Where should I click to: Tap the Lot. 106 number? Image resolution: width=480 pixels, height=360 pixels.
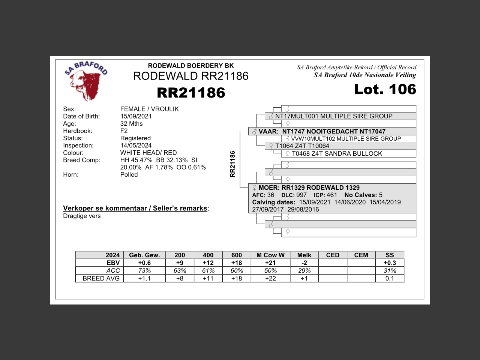pyautogui.click(x=385, y=89)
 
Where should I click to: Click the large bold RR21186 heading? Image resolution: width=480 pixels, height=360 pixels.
pyautogui.click(x=191, y=93)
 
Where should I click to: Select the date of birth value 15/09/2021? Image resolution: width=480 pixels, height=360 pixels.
pyautogui.click(x=136, y=116)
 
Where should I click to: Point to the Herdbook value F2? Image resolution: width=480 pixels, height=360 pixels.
pyautogui.click(x=124, y=131)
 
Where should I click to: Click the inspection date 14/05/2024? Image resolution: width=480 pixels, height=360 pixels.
pyautogui.click(x=136, y=145)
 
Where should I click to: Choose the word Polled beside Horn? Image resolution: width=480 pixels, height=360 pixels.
pyautogui.click(x=129, y=175)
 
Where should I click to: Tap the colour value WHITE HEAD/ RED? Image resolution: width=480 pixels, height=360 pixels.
pyautogui.click(x=148, y=153)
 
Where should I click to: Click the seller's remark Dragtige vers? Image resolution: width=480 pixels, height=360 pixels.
pyautogui.click(x=82, y=216)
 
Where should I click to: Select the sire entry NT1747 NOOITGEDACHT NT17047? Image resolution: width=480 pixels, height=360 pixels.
pyautogui.click(x=333, y=132)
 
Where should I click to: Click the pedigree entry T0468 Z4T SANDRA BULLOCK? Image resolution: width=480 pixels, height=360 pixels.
pyautogui.click(x=337, y=154)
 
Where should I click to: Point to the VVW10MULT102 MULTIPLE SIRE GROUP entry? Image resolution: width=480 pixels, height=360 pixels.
pyautogui.click(x=346, y=139)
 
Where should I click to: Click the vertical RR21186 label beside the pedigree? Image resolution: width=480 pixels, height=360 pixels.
pyautogui.click(x=232, y=164)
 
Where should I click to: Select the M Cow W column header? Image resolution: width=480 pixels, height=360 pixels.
pyautogui.click(x=270, y=255)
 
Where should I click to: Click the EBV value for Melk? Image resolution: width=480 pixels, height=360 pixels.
pyautogui.click(x=304, y=263)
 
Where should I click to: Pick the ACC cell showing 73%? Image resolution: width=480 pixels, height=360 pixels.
pyautogui.click(x=144, y=271)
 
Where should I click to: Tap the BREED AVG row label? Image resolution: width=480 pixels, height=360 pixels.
pyautogui.click(x=101, y=279)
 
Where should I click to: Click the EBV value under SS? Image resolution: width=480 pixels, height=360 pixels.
pyautogui.click(x=390, y=263)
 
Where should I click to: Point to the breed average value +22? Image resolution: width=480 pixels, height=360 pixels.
pyautogui.click(x=270, y=279)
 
